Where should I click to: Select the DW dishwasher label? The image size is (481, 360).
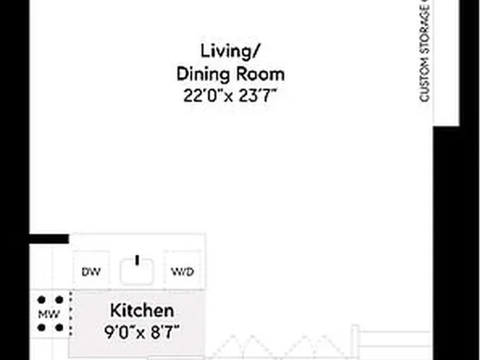(91, 272)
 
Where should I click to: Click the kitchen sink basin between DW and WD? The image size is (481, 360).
(137, 270)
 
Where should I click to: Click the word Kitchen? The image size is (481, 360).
(141, 311)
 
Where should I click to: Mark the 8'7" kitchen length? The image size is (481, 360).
(161, 331)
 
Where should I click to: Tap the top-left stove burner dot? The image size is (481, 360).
(40, 299)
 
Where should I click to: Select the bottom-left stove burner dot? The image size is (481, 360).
(40, 329)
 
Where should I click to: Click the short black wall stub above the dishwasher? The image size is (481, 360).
(50, 238)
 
